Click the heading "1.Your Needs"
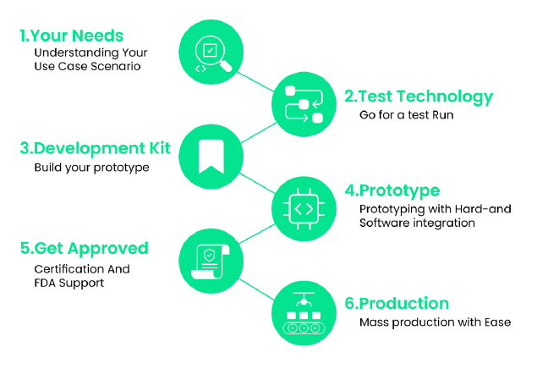coord(72,36)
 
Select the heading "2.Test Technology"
coord(419,96)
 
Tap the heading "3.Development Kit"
coord(96,148)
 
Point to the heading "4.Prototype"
coord(392,190)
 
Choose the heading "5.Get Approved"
coord(85,249)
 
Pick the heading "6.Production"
coord(397,304)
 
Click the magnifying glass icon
coord(212,54)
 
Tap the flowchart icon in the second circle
coord(304,104)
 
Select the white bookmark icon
coord(211,157)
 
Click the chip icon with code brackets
coord(304,209)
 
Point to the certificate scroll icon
coord(210,262)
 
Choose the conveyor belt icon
coord(304,313)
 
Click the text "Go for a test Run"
coord(407,115)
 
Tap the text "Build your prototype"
coord(92,168)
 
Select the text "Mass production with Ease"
coord(435,322)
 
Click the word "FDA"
coord(45,283)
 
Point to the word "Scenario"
coord(116,67)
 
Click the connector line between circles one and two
coord(255,81)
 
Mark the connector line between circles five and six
coord(256,289)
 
